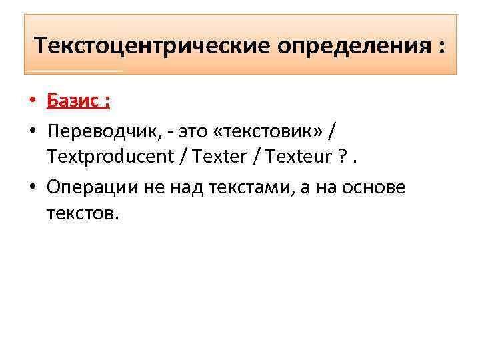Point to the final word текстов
pos(82,215)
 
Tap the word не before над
pos(153,187)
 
